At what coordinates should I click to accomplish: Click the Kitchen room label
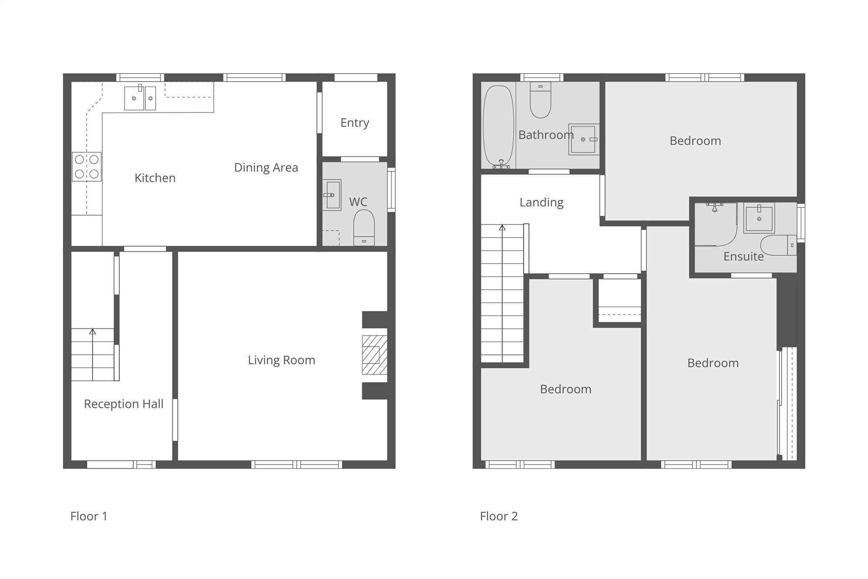155,178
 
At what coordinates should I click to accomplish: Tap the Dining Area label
266,168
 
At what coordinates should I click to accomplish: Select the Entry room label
355,123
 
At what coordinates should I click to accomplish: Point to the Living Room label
281,360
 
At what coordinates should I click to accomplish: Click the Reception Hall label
124,404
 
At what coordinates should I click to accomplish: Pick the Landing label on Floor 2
542,203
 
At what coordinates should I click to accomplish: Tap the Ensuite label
743,257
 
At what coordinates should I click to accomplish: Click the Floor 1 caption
89,516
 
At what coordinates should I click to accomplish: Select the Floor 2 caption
499,516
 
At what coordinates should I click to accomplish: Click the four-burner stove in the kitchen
87,166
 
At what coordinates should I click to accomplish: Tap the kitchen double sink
140,98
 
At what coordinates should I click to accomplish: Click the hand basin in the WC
332,195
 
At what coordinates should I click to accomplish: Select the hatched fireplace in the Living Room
375,355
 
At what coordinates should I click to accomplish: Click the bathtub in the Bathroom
499,126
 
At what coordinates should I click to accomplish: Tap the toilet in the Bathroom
540,99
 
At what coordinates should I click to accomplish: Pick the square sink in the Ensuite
759,218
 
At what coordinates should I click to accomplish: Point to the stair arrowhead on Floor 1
92,332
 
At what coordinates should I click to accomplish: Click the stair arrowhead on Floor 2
502,228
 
